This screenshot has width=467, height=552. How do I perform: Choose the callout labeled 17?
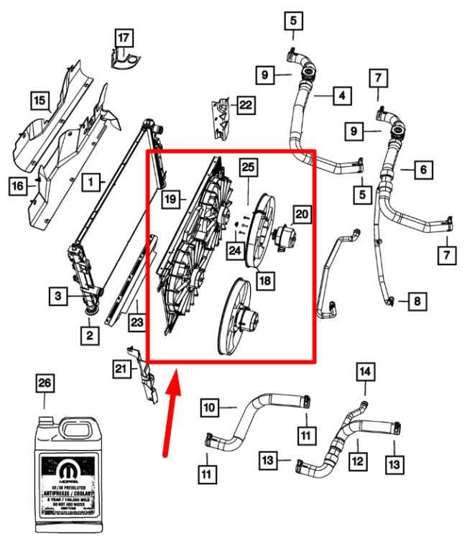pos(124,37)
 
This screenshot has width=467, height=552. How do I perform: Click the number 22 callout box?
pos(245,106)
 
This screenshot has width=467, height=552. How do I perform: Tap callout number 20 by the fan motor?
pos(302,213)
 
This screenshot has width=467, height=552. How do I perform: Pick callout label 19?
pos(169,199)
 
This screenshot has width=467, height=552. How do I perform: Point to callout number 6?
pos(424,170)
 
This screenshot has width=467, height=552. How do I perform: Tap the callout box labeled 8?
pos(417,301)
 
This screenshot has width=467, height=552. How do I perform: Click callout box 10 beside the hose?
pos(208,408)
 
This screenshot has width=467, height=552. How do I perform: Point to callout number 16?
pos(17,187)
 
